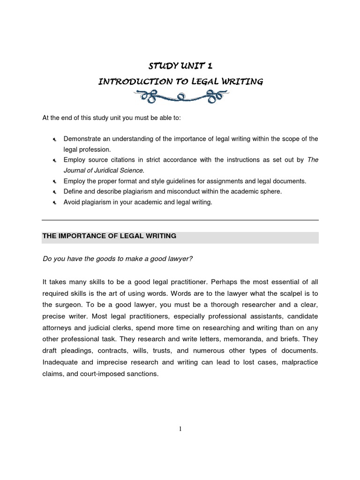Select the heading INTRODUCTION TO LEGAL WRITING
click(x=180, y=82)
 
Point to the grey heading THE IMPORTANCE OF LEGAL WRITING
click(x=109, y=236)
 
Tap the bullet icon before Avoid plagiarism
click(x=54, y=202)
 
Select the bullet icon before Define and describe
click(x=54, y=192)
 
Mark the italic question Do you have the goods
click(x=118, y=258)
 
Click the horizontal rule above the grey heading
click(x=180, y=220)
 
